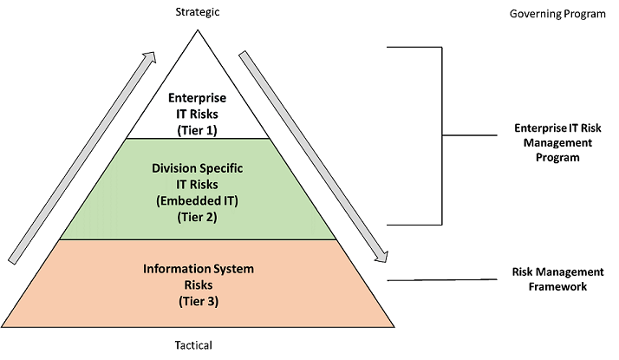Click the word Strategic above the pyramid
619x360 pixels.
(199, 12)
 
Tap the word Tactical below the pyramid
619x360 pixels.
(193, 344)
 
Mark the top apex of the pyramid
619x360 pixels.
(198, 31)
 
